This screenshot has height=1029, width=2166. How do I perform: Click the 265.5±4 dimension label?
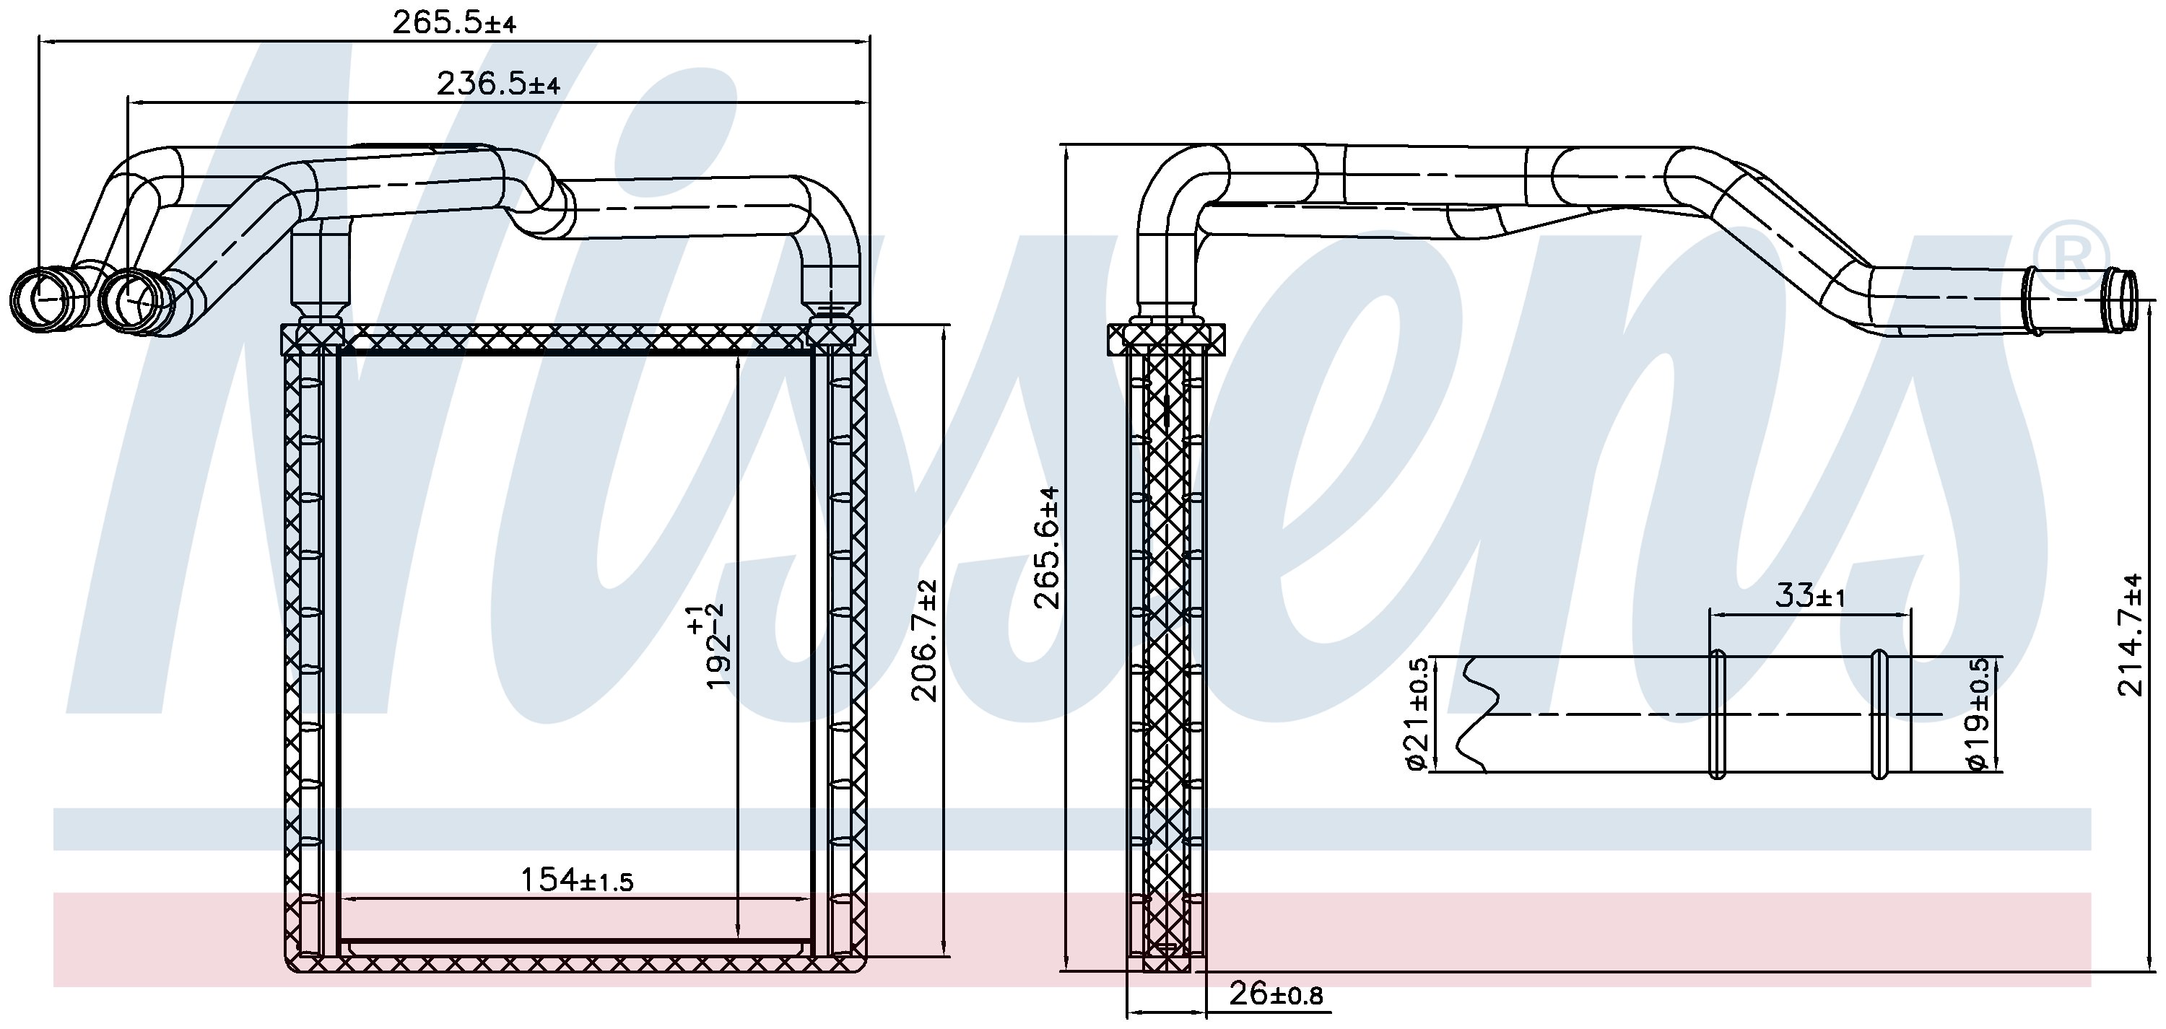[454, 22]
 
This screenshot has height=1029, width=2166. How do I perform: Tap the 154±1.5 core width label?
[576, 880]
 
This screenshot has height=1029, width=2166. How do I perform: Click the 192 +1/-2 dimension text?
[708, 646]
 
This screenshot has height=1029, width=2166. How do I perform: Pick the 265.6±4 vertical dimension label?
[1048, 547]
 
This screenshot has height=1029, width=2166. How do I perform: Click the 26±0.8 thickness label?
[1276, 995]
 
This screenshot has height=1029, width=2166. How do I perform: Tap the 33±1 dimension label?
[1809, 595]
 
